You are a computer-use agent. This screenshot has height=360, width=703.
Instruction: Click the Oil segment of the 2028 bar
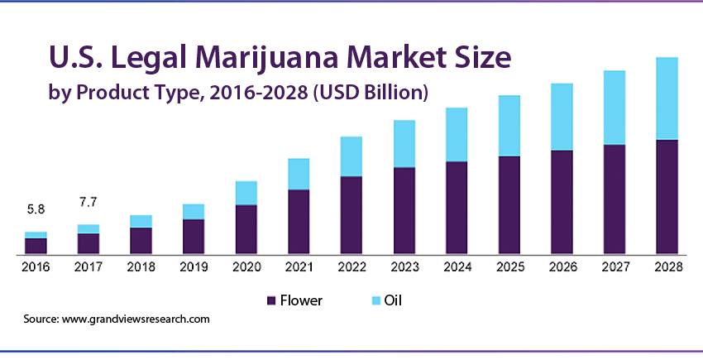[x=667, y=98]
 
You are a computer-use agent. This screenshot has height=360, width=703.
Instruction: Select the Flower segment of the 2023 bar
[x=404, y=210]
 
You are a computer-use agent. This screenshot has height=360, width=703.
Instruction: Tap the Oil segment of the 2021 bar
[x=299, y=174]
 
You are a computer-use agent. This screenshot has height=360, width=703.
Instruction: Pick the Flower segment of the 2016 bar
[x=36, y=245]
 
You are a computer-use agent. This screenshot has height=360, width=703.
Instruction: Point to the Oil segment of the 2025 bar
[x=509, y=126]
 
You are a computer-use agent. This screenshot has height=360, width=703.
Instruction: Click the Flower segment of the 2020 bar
[x=246, y=228]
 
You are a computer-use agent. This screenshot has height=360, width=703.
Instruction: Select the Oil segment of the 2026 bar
[x=562, y=117]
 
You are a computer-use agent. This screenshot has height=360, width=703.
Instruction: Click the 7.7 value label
[x=88, y=202]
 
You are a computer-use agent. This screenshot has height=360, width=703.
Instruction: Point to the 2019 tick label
[x=194, y=266]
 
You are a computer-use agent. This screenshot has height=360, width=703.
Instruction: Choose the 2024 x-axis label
[x=457, y=266]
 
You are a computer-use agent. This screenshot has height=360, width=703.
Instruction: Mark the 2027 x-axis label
[x=615, y=266]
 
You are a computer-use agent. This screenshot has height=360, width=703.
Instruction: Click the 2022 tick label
[x=351, y=266]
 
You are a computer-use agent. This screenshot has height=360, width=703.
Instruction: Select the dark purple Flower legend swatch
[x=270, y=300]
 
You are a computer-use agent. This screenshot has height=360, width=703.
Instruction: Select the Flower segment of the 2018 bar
[x=141, y=240]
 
